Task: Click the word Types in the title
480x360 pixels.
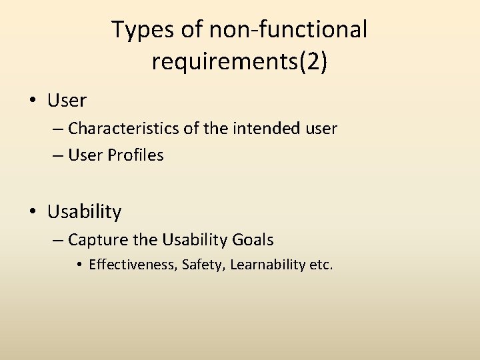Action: click(137, 30)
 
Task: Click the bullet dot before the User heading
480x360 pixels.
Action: click(33, 101)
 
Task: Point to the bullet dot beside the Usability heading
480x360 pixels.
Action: click(33, 213)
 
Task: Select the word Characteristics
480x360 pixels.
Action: click(123, 127)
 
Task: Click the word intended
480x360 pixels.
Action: click(263, 127)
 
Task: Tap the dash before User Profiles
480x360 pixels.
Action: click(57, 156)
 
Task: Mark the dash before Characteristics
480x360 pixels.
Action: click(57, 128)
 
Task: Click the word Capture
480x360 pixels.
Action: click(94, 239)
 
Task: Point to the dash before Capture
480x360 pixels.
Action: click(57, 240)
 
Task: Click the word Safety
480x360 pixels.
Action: click(204, 265)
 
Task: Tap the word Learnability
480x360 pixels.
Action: click(268, 265)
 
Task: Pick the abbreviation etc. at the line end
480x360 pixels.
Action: click(321, 265)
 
